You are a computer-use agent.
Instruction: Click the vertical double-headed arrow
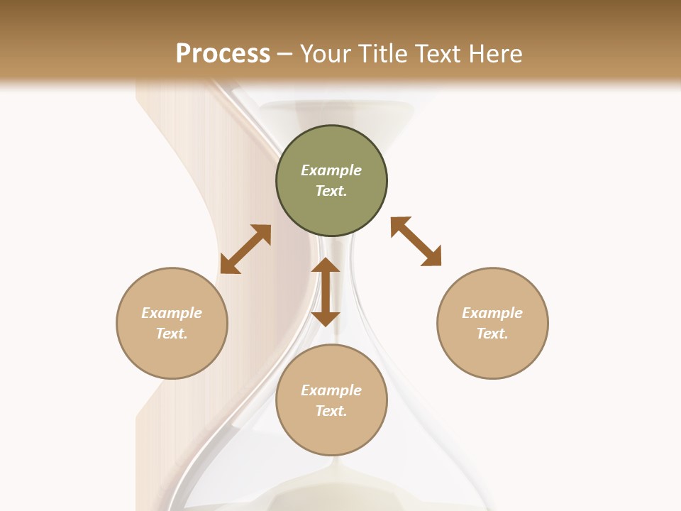326,292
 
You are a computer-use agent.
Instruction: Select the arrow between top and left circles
245,249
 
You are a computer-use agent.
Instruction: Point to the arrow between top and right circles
416,242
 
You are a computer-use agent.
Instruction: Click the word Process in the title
223,53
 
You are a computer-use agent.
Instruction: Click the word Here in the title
496,53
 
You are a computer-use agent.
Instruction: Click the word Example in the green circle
331,170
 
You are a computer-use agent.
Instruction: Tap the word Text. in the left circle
172,334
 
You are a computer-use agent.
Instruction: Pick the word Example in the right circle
492,313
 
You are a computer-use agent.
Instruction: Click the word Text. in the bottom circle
331,411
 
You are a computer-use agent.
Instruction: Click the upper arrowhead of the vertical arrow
326,266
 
